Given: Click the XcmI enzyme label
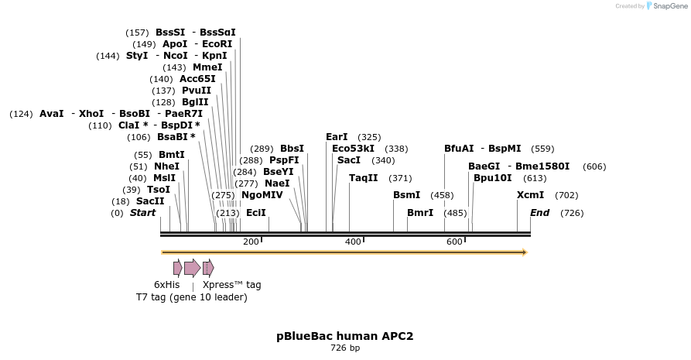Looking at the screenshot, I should coord(530,195).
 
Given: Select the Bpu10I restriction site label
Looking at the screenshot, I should coord(492,178).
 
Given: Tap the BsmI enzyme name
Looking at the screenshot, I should coord(406,195).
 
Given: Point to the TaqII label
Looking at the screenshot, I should coord(363,178).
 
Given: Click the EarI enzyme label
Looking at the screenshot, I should coord(337,137).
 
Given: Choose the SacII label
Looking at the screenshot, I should coord(150,201).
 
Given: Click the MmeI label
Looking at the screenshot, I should coord(207,67).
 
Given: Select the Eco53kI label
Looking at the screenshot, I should coord(353,149).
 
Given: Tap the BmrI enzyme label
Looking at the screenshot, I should coord(420,213).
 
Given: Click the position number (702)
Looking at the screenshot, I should coord(566,195).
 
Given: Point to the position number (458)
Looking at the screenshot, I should coord(442,195).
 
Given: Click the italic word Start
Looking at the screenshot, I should coord(142,213).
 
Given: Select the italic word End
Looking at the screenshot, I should coord(539,213).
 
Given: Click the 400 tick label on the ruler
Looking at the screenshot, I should coord(353,242).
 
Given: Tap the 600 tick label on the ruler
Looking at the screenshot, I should coord(455,242).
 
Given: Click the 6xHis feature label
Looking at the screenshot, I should coord(166,285).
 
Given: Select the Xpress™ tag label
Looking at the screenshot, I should coord(231,285).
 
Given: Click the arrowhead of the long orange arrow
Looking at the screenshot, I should coord(525,252).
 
